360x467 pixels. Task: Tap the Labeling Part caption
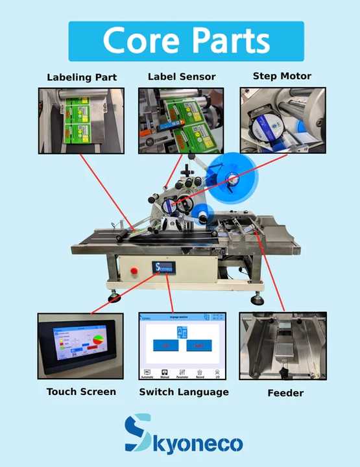pyautogui.click(x=82, y=77)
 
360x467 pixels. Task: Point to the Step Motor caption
pyautogui.click(x=282, y=76)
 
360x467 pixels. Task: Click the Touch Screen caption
pyautogui.click(x=81, y=391)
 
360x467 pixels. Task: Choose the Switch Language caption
pyautogui.click(x=184, y=392)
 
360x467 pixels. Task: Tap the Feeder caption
pyautogui.click(x=285, y=392)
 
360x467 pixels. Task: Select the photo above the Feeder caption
pyautogui.click(x=283, y=346)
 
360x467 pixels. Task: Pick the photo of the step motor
pyautogui.click(x=283, y=121)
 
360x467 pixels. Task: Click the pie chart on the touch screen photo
pyautogui.click(x=98, y=341)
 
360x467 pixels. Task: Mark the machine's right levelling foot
pyautogui.click(x=258, y=299)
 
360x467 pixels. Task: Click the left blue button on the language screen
pyautogui.click(x=165, y=346)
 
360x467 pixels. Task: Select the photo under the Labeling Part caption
pyautogui.click(x=81, y=121)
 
